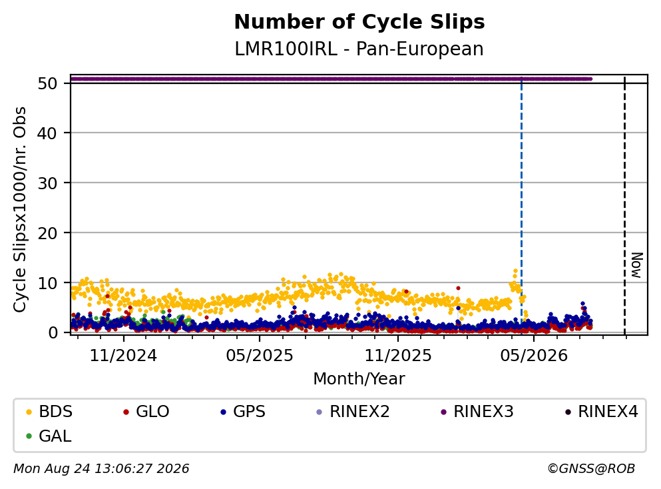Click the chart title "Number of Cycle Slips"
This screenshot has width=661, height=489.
[359, 22]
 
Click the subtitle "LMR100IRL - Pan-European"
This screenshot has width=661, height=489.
[359, 49]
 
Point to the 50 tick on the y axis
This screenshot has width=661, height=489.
[47, 83]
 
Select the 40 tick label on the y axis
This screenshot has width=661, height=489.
[47, 133]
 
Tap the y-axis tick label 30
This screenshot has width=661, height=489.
[47, 183]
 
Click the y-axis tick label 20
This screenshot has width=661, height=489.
[47, 233]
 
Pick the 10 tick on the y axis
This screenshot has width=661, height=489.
[47, 282]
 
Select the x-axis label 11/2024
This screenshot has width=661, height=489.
[123, 356]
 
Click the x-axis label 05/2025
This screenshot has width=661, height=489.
[259, 356]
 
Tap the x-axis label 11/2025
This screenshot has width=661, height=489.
[398, 356]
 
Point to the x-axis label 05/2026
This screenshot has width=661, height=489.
[534, 356]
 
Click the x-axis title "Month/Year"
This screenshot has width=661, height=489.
[359, 379]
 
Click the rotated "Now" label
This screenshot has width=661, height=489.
[637, 265]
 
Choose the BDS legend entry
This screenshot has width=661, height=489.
[49, 411]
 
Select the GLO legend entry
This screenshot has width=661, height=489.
[146, 411]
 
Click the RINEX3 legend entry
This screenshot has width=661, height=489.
[477, 411]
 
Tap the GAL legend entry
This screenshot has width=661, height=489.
[49, 436]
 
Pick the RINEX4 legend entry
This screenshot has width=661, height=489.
[602, 411]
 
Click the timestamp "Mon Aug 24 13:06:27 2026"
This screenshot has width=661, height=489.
[101, 469]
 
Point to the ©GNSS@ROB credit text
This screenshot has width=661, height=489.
[591, 469]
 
